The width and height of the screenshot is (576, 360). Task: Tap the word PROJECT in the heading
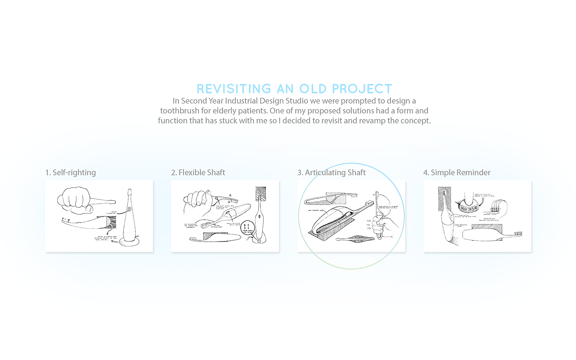[x=362, y=89]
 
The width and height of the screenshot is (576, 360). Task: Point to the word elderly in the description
[x=225, y=111]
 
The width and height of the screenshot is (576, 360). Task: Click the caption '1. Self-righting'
[x=70, y=172]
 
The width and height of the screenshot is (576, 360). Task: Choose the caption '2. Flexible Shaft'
[x=198, y=172]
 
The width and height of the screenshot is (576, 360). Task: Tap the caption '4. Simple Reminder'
[x=457, y=172]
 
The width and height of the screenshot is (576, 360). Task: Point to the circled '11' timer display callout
[x=247, y=227]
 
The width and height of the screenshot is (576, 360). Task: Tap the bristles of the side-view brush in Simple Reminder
[x=517, y=233]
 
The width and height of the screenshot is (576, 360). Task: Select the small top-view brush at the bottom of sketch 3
[x=355, y=239]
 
